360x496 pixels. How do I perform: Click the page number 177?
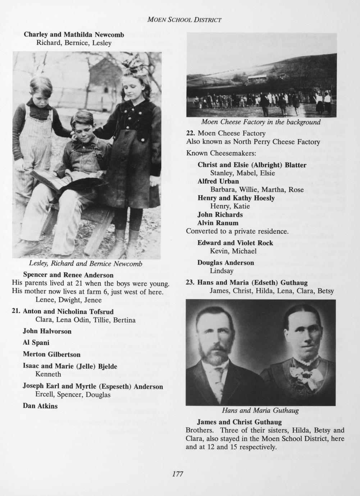(x=178, y=474)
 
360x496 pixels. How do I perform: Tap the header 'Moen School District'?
(x=184, y=19)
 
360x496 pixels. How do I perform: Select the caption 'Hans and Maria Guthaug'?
(x=260, y=410)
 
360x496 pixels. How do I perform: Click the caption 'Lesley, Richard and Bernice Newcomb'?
(x=86, y=264)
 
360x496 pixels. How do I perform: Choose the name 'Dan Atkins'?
(x=40, y=406)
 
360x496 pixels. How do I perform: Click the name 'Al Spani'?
(x=36, y=343)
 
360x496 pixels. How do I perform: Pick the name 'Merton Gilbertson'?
(x=51, y=354)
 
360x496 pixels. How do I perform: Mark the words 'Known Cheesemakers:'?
(x=221, y=153)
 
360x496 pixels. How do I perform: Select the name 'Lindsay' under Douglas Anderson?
(x=222, y=271)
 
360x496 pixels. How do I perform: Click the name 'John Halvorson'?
(x=47, y=331)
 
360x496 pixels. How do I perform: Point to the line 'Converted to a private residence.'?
(x=237, y=231)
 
